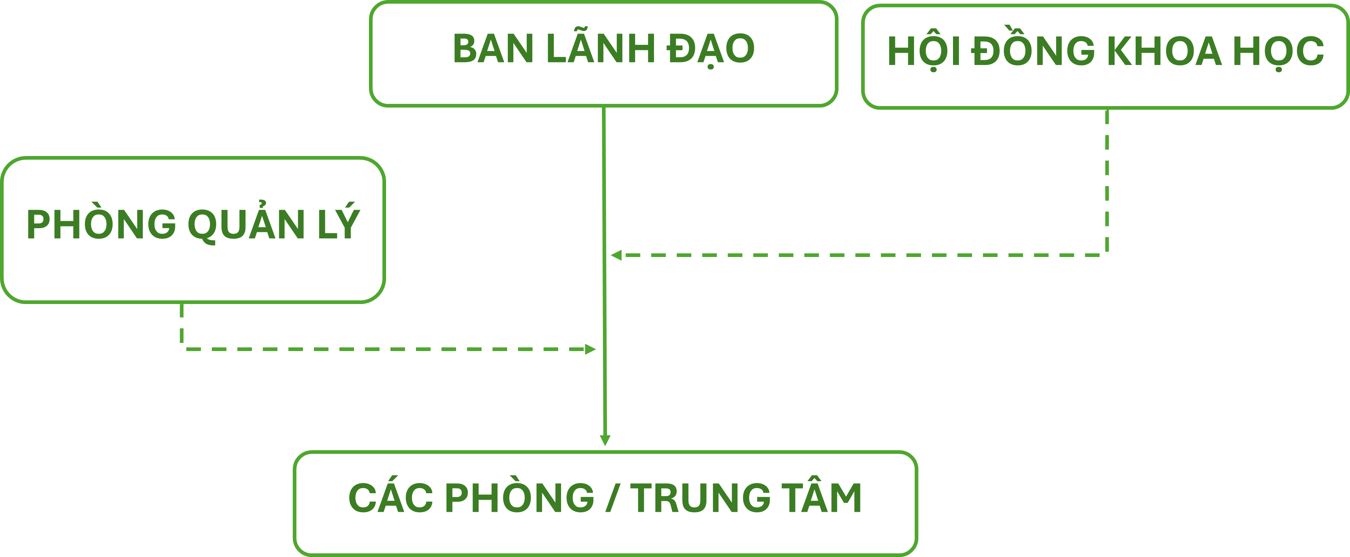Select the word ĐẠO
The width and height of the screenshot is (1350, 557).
tap(711, 49)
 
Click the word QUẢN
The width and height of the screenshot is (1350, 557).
tap(246, 224)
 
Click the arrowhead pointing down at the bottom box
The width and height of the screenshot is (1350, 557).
tap(605, 440)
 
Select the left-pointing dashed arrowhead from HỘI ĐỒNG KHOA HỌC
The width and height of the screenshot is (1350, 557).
tap(616, 255)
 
